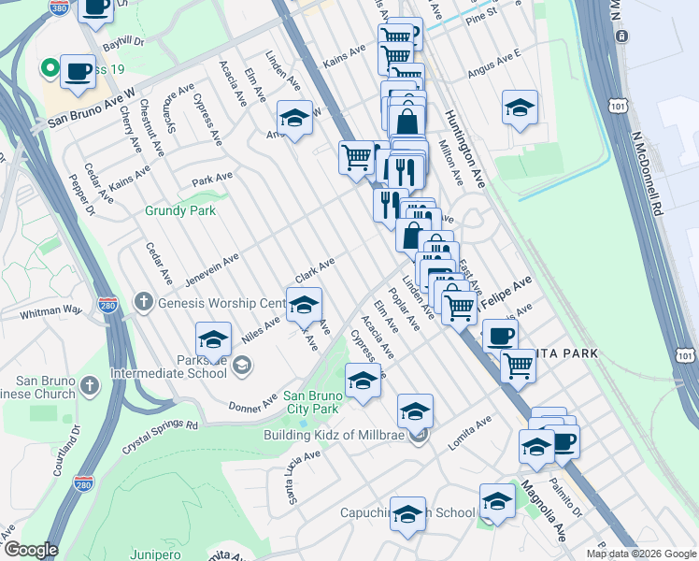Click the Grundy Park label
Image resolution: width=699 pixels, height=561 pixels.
pyautogui.click(x=180, y=210)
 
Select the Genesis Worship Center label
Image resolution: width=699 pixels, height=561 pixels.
pyautogui.click(x=220, y=302)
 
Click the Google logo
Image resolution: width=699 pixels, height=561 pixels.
pyautogui.click(x=30, y=550)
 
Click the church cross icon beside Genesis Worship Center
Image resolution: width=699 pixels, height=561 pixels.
pyautogui.click(x=143, y=301)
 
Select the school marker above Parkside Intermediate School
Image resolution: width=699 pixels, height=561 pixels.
pyautogui.click(x=213, y=339)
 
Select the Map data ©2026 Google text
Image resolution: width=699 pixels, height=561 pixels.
pyautogui.click(x=641, y=554)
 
